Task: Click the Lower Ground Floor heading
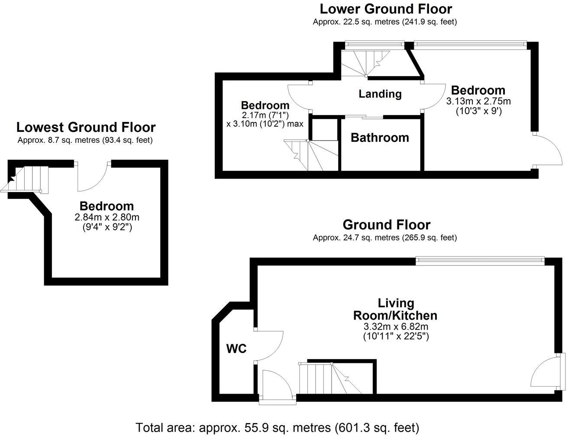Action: (385, 9)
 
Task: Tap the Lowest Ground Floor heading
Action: (86, 127)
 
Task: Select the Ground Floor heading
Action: (386, 225)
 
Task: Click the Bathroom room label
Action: (380, 138)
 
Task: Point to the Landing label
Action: (380, 94)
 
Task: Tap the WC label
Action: (237, 348)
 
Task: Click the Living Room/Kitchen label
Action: (395, 309)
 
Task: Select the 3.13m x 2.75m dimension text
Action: (478, 102)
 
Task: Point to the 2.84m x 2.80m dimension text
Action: (107, 217)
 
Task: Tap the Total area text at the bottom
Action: (278, 428)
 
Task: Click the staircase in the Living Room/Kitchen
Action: (331, 378)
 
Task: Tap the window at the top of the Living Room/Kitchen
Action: (479, 259)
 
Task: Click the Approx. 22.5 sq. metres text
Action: (385, 22)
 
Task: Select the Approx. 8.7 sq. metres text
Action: (85, 140)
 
